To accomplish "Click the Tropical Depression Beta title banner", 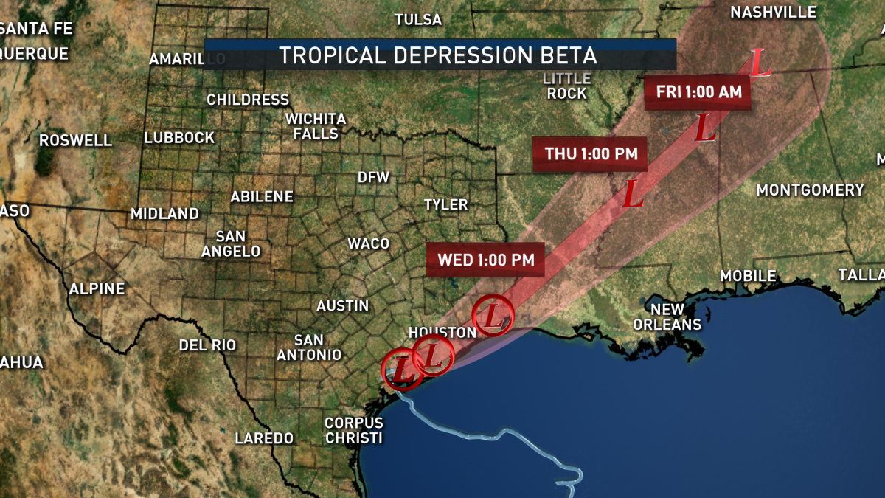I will point(440,55).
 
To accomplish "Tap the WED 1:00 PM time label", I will point(485,260).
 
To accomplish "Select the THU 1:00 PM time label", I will point(590,154).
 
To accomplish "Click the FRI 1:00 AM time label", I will point(698,92).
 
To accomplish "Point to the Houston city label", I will point(442,332).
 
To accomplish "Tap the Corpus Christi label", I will point(354,431).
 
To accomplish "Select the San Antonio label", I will point(309,347).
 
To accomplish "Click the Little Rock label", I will point(566,86).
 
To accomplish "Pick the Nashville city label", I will point(773,13).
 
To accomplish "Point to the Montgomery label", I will point(810,190).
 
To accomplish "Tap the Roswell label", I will point(75,140).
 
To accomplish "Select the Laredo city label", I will point(264,438).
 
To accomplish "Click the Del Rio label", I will point(207,345).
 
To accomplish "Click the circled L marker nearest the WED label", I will point(493,316).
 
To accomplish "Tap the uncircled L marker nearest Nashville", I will point(760,63).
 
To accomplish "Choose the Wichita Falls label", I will point(316,126).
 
